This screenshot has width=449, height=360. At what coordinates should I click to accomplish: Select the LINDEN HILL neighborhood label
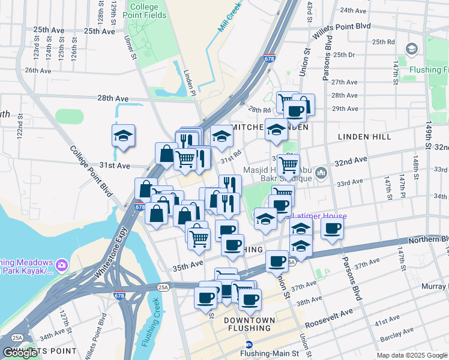364,137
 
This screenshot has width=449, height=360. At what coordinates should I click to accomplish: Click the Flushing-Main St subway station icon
250,345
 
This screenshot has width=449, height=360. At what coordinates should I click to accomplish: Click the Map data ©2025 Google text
412,355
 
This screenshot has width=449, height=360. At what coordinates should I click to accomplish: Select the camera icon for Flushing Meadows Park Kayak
62,264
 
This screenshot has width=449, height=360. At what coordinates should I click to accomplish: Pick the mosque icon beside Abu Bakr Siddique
322,173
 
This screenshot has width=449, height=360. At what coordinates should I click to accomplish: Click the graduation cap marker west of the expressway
123,136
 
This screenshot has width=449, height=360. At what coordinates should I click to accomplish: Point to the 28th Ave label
113,98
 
